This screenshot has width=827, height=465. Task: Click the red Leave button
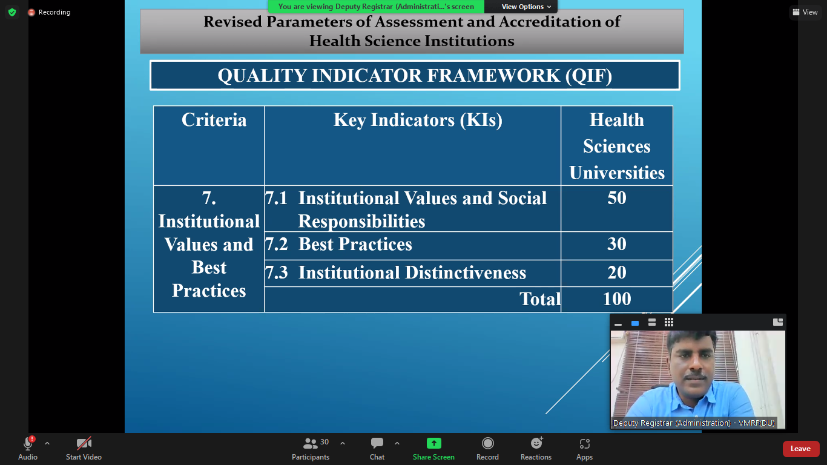(800, 449)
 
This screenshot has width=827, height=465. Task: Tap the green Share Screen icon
(434, 443)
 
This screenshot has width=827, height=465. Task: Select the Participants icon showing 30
(310, 443)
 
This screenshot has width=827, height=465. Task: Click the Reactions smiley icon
(536, 443)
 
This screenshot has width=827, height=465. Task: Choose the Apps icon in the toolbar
(584, 443)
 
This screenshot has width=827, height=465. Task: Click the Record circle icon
(487, 443)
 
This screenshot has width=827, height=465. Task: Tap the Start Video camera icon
(84, 443)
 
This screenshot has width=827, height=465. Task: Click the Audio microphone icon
(28, 443)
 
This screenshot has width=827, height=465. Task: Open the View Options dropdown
(526, 7)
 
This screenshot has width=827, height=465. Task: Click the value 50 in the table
(616, 198)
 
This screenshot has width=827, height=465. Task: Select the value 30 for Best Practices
(616, 244)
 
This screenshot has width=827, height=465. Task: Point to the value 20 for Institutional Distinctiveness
(616, 272)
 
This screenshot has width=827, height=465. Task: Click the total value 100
(616, 298)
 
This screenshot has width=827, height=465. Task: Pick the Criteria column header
(214, 120)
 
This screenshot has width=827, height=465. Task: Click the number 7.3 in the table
(277, 272)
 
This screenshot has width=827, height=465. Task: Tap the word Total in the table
(540, 298)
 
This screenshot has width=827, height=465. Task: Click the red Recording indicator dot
(31, 12)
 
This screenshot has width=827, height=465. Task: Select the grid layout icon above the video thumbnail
(668, 323)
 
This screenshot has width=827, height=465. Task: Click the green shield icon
(12, 12)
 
